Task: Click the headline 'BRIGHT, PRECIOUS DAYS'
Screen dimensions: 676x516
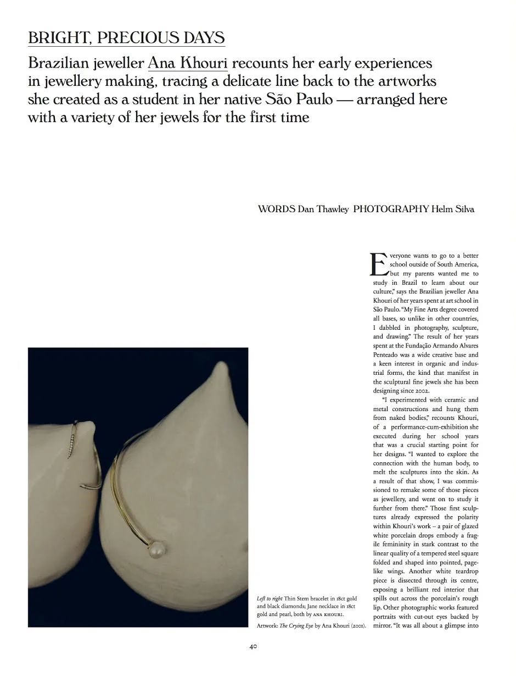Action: pyautogui.click(x=126, y=38)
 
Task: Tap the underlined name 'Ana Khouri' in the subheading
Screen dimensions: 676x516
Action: pyautogui.click(x=187, y=63)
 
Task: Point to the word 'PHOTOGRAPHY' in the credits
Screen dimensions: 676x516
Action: pyautogui.click(x=390, y=209)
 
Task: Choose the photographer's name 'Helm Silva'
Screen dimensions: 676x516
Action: pyautogui.click(x=452, y=209)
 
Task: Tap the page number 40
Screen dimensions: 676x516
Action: pyautogui.click(x=253, y=647)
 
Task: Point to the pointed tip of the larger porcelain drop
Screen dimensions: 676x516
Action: pyautogui.click(x=222, y=367)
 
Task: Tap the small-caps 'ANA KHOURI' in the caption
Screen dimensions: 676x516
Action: pyautogui.click(x=329, y=614)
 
